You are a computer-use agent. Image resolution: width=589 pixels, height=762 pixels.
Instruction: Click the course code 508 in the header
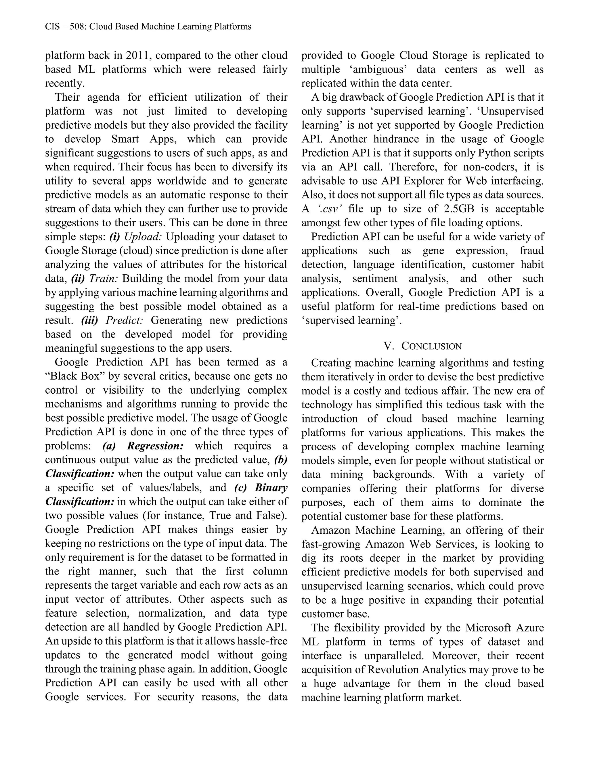(77, 26)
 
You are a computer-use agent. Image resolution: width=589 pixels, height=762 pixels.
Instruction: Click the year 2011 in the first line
(139, 55)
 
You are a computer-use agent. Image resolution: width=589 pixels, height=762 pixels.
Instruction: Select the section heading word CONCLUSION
(432, 346)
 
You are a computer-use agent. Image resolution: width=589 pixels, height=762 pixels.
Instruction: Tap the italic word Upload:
(143, 237)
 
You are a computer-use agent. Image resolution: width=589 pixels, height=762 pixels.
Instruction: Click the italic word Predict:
(124, 320)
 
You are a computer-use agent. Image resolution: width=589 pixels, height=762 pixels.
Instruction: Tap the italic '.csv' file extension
(329, 209)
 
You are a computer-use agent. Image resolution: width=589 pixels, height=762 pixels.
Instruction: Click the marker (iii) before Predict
(89, 320)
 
